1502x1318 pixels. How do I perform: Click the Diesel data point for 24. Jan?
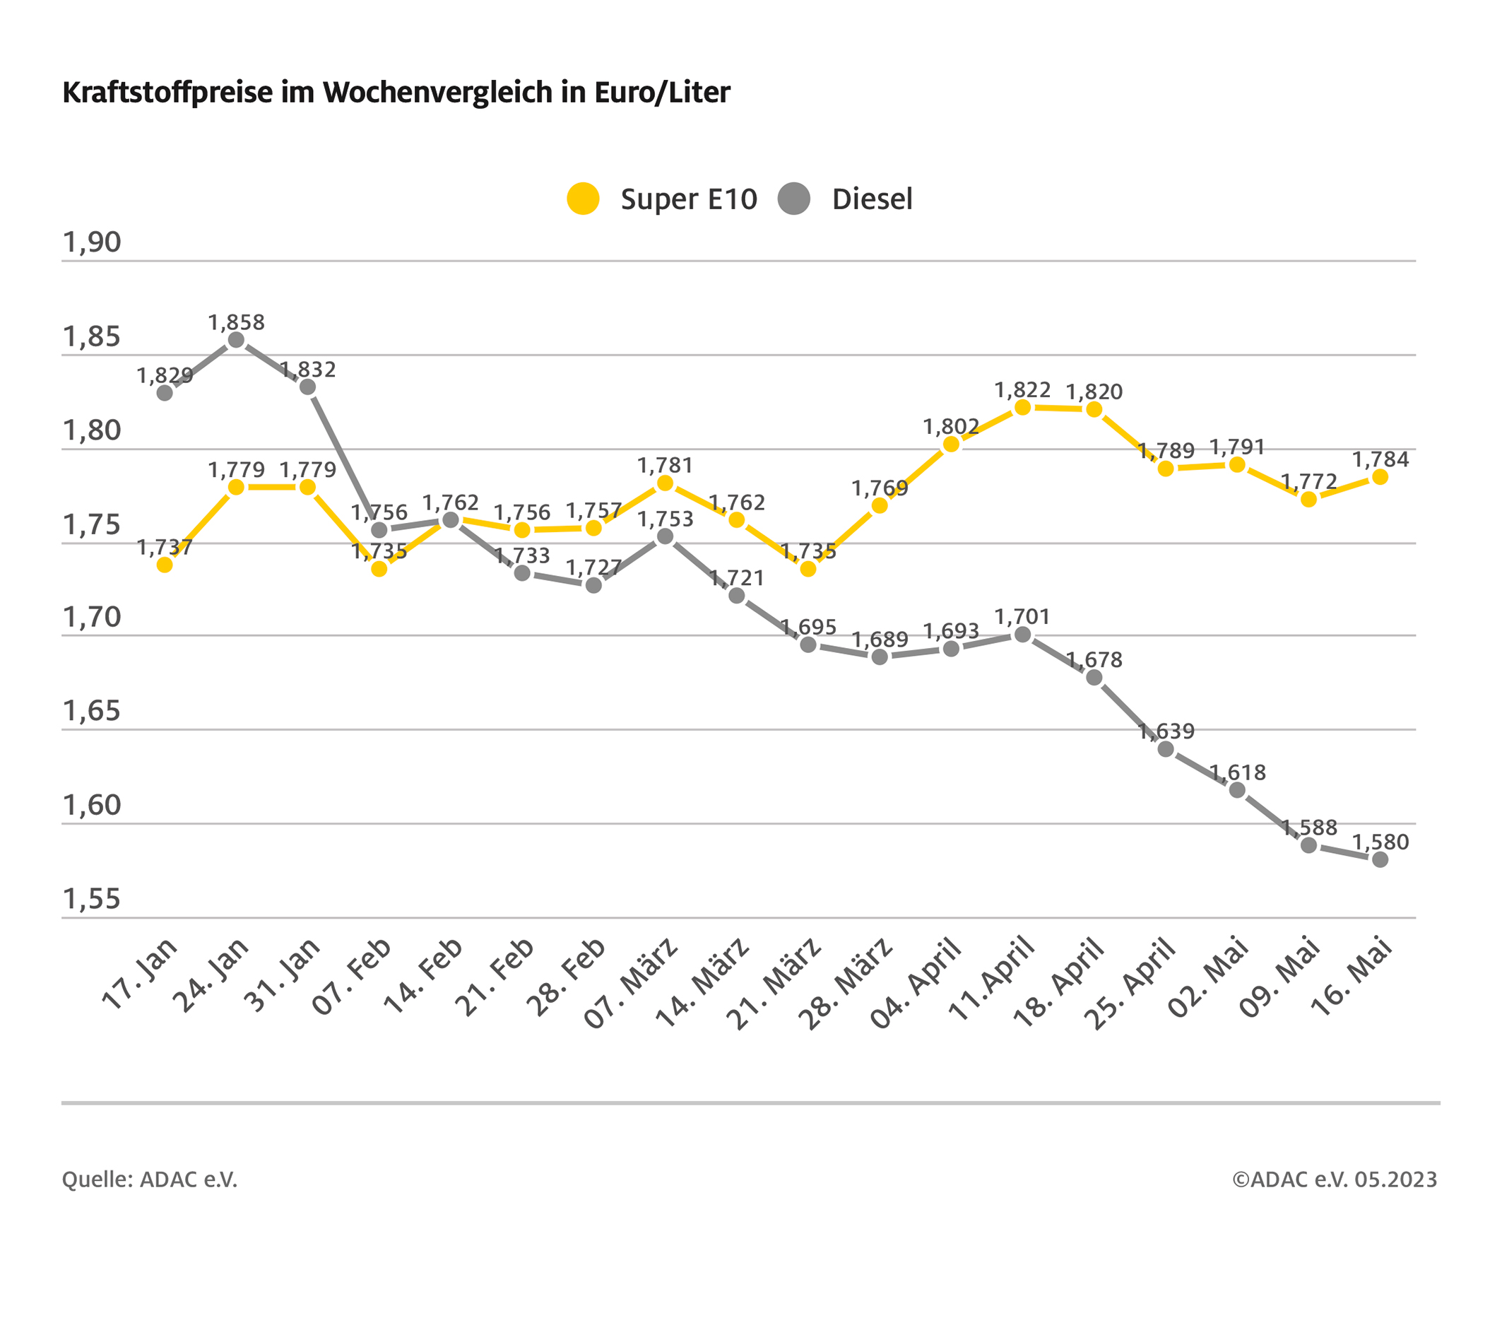tap(237, 340)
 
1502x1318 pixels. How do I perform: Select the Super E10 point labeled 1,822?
tap(1023, 407)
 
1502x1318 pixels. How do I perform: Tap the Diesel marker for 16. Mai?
tap(1380, 859)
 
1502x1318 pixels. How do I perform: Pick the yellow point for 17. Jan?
tap(165, 565)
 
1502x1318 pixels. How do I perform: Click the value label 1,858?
tap(237, 323)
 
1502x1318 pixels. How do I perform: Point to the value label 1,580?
tap(1380, 842)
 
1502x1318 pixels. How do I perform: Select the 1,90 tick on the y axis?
tap(92, 242)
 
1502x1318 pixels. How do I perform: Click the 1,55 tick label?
tap(92, 899)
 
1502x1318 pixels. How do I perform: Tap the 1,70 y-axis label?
tap(92, 618)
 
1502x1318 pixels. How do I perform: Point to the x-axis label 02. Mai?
tap(1208, 977)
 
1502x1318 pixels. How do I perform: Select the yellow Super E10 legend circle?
tap(584, 199)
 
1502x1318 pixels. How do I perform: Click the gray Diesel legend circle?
tap(794, 199)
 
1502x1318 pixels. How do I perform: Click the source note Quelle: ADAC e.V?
tap(150, 1179)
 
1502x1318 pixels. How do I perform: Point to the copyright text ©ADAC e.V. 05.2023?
tap(1335, 1179)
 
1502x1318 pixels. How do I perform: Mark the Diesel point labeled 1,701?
tap(1023, 635)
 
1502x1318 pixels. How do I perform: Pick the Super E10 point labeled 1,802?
tap(952, 444)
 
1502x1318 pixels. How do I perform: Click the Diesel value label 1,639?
tap(1166, 731)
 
